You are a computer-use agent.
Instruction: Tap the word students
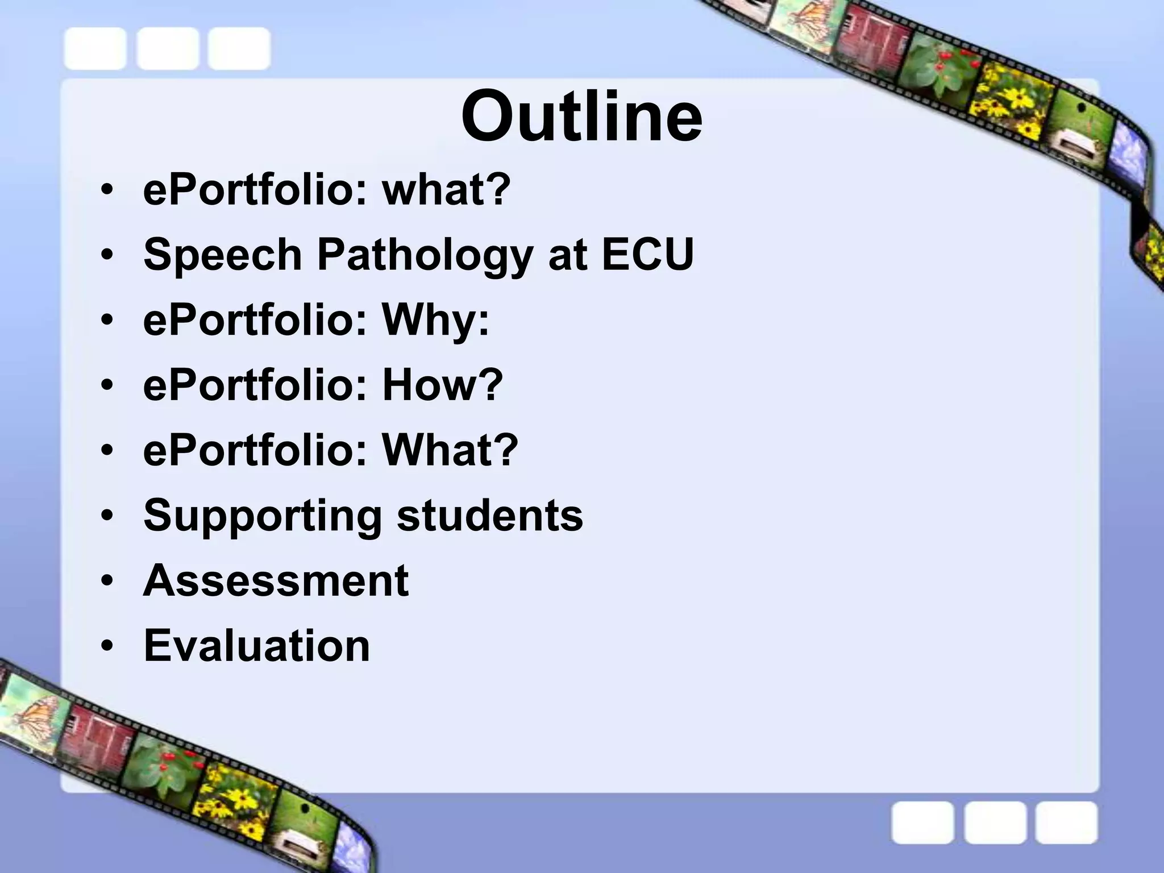[x=489, y=515]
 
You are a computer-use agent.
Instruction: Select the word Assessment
[x=276, y=580]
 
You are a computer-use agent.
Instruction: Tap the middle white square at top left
[x=168, y=49]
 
